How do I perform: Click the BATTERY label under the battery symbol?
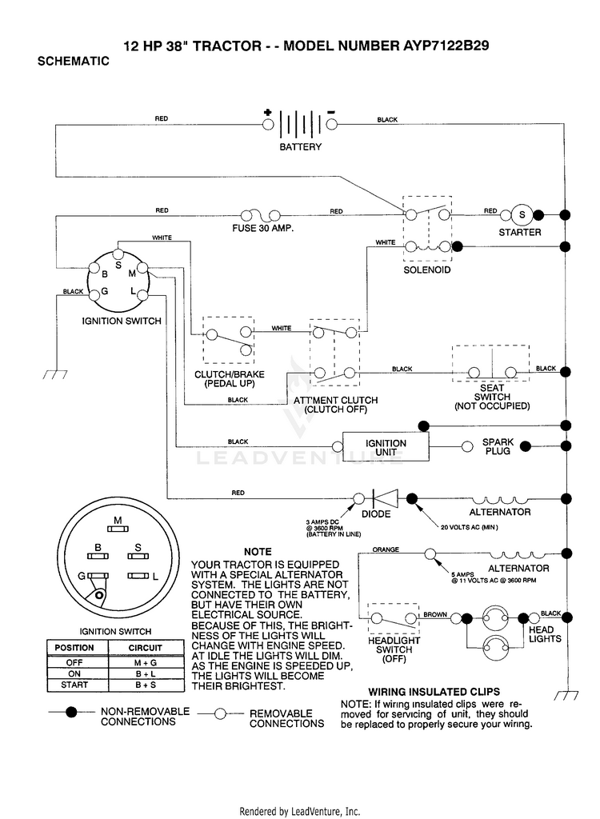pos(300,147)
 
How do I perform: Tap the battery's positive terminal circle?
pos(268,124)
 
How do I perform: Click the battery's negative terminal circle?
pos(331,124)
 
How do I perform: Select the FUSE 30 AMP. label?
pos(263,228)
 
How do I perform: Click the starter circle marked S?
pos(522,214)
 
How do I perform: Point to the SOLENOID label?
pos(427,270)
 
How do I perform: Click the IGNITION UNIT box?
pos(386,447)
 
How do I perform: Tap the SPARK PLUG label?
pos(498,446)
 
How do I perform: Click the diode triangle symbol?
pos(385,498)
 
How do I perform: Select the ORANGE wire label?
pos(386,549)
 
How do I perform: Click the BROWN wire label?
pos(435,615)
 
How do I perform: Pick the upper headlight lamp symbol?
pos(495,618)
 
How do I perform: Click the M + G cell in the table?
pos(146,662)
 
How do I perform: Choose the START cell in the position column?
pos(74,685)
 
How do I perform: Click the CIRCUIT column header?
pos(146,648)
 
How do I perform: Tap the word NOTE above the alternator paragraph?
pos(258,552)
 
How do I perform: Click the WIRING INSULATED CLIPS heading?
pos(434,692)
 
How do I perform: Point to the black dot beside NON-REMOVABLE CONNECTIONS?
pos(71,712)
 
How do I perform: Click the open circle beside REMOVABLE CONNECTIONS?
pos(221,713)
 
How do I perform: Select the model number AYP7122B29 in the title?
pos(446,46)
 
